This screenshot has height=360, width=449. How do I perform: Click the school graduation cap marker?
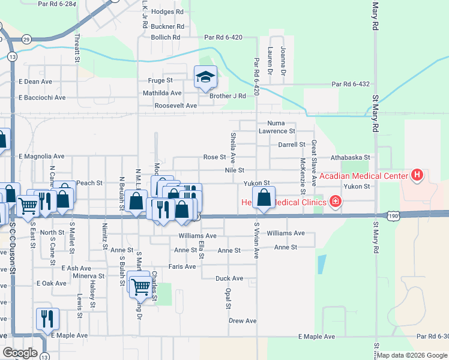tap(205, 77)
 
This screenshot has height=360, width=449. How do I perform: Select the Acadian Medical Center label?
tap(364, 176)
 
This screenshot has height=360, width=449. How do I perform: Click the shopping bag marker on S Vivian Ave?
tap(264, 197)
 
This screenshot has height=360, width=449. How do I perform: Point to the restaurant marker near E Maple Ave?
tap(47, 318)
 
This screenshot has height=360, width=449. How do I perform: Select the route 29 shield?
tap(26, 39)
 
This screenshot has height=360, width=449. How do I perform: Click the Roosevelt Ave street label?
tap(176, 106)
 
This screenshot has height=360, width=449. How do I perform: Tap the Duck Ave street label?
tap(229, 278)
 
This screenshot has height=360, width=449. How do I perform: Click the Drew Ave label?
tap(243, 321)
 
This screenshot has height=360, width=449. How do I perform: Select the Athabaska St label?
tap(351, 157)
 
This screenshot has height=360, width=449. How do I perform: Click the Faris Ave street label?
tap(182, 266)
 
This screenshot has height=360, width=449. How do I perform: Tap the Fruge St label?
tap(160, 80)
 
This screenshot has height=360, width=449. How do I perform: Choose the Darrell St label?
tap(291, 145)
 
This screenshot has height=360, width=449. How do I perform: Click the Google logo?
tap(20, 353)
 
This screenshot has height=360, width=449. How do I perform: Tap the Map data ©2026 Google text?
tap(412, 355)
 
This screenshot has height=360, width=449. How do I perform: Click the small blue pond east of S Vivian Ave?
tap(322, 265)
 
